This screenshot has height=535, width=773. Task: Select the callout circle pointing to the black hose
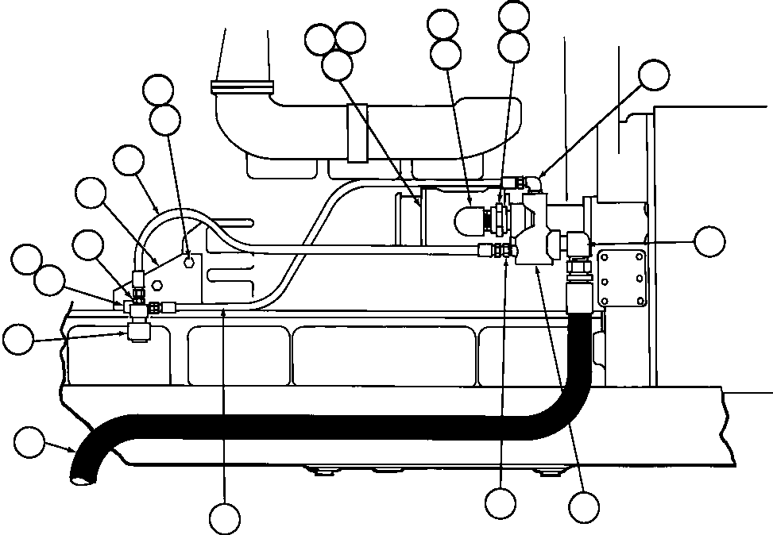(30, 441)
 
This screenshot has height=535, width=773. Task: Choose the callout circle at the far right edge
(709, 241)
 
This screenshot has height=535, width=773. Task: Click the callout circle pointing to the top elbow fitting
(655, 75)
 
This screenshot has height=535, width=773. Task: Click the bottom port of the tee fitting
(137, 330)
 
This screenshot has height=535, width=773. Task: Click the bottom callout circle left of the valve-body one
(501, 502)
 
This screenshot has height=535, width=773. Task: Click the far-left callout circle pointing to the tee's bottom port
(17, 339)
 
